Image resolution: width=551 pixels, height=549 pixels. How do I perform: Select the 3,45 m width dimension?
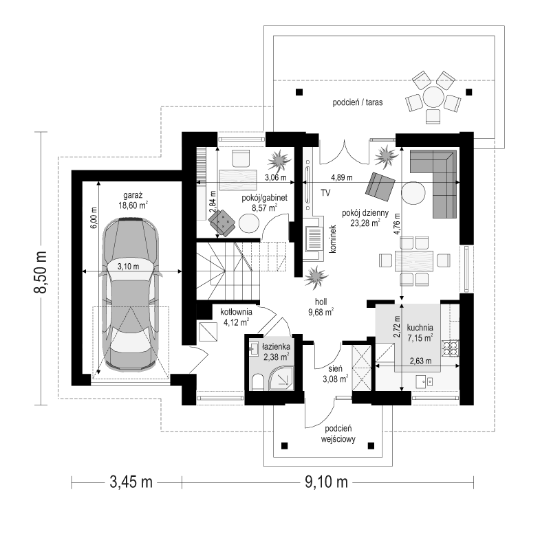click(131, 482)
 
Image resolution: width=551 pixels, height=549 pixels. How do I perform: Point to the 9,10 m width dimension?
click(326, 482)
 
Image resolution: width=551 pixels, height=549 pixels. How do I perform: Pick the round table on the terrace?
click(434, 98)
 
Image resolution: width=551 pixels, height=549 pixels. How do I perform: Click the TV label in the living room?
click(325, 192)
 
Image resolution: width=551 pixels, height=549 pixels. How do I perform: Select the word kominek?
click(333, 238)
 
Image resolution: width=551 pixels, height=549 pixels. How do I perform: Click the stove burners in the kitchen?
click(451, 348)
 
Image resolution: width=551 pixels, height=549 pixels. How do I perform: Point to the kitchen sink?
click(424, 381)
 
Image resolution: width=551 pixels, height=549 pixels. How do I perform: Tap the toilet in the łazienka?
click(257, 382)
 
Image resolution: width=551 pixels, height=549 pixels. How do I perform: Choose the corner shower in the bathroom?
click(280, 379)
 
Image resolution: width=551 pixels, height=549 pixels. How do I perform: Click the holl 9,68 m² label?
click(321, 306)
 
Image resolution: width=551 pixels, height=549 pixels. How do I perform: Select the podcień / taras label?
click(358, 102)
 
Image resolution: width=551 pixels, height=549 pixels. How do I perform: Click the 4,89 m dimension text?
click(342, 177)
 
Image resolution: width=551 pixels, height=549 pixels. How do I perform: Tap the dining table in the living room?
click(414, 261)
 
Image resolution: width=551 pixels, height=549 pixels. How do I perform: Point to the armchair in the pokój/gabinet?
click(222, 222)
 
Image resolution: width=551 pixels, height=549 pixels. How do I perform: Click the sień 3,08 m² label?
click(335, 374)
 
